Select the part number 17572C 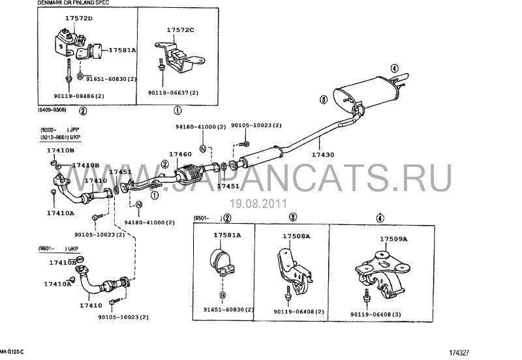point(181,31)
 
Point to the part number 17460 point(180,155)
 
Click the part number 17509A point(393,239)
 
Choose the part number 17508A point(296,235)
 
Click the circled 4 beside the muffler point(394,68)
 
